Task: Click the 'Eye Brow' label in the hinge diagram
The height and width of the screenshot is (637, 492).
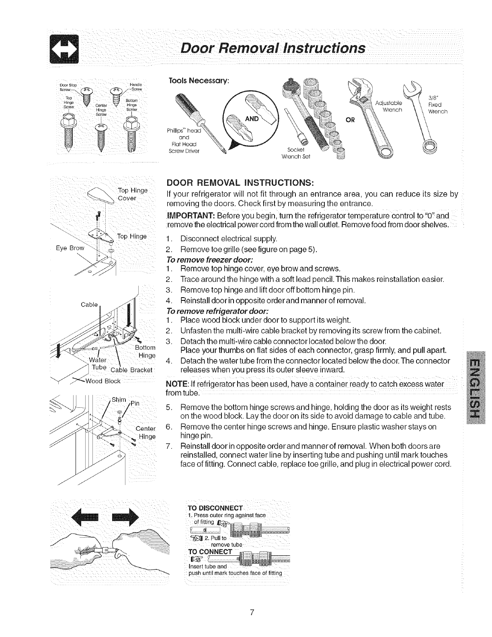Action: point(70,248)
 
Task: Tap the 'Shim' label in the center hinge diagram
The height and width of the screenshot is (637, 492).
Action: point(119,399)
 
